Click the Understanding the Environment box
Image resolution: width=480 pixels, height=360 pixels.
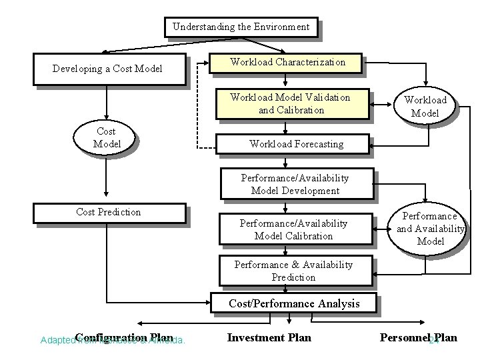pos(241,27)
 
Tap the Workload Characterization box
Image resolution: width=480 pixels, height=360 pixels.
pos(287,62)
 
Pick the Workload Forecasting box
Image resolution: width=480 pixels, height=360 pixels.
pos(296,143)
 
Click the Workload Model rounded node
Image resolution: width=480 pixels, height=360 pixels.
pos(425,107)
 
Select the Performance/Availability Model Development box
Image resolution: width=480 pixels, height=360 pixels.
pos(295,184)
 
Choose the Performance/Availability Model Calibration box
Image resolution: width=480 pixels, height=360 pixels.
pos(294,229)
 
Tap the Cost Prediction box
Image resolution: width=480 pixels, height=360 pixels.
pos(109,212)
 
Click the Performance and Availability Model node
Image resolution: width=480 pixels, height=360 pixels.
pos(430,229)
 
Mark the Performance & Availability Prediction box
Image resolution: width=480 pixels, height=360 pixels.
pos(293,271)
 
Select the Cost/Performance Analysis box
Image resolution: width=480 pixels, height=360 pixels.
pos(293,303)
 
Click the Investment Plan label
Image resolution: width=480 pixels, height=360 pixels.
pos(269,337)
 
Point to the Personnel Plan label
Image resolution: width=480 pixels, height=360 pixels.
pos(418,337)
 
